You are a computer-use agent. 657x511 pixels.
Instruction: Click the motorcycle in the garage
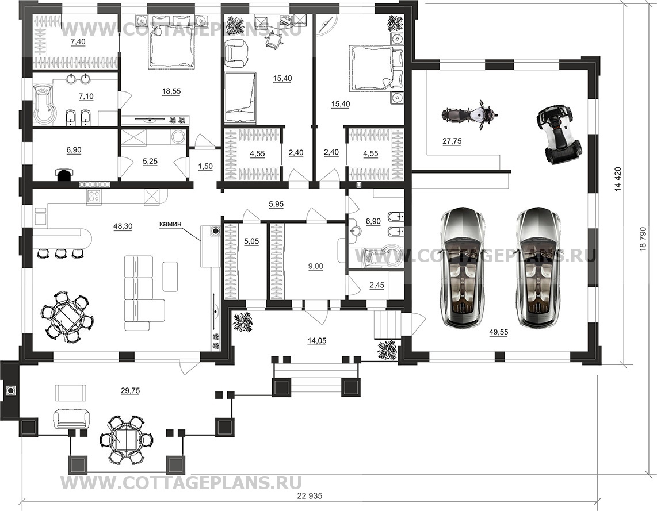(469, 113)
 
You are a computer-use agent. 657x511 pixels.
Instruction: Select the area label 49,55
(499, 332)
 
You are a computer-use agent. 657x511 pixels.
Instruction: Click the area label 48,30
(123, 226)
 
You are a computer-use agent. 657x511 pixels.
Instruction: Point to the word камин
(170, 224)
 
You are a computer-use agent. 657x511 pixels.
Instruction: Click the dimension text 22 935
(310, 497)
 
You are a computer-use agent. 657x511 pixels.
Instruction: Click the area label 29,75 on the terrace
(130, 390)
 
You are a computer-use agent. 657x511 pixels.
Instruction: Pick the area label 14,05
(317, 341)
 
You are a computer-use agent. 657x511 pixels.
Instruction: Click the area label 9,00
(316, 266)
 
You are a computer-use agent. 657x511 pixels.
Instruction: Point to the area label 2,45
(377, 285)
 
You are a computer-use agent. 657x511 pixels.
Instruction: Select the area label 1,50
(205, 166)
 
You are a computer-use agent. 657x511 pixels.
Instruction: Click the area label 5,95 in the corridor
(276, 204)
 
